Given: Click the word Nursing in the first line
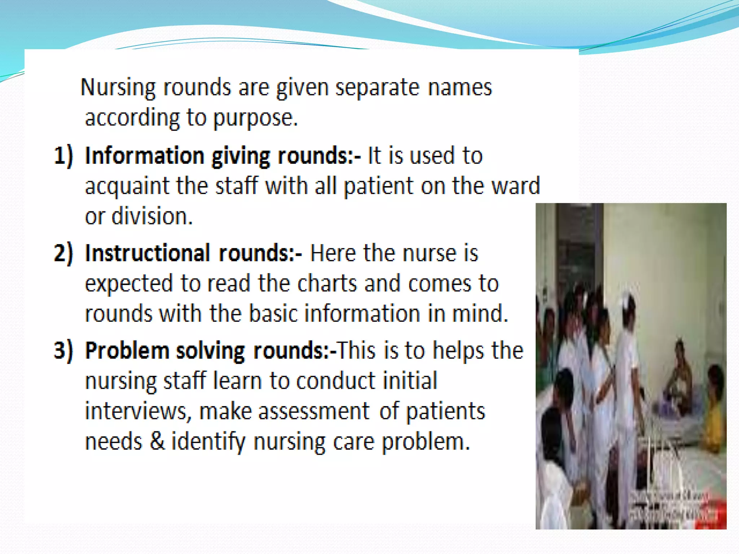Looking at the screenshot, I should tap(118, 88).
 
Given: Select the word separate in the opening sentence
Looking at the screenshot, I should tap(377, 88).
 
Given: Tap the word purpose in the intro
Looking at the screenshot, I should tap(255, 118).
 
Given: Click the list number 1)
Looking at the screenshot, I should tap(64, 156).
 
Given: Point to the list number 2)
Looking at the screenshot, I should tap(64, 252).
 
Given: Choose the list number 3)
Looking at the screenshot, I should tap(64, 350).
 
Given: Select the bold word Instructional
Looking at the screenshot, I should tap(147, 252).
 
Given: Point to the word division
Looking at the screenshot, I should tap(152, 216).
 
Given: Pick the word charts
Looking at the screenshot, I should tap(327, 283).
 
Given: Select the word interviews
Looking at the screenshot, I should tap(136, 411).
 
